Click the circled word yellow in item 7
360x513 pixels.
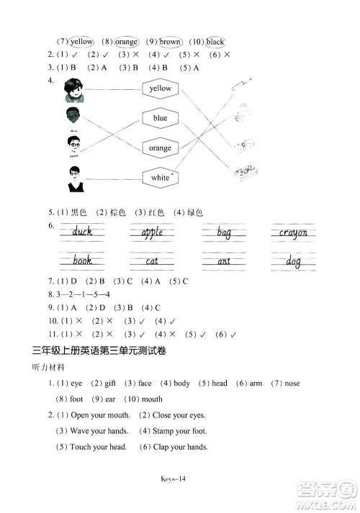(x=82, y=42)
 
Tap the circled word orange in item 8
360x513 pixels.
(x=125, y=42)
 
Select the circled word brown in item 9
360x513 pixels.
(x=170, y=42)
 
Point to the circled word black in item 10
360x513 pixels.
(x=215, y=42)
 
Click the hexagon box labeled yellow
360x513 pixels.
(x=160, y=88)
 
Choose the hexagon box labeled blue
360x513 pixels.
(x=160, y=118)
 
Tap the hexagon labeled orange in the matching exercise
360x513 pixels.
(x=160, y=147)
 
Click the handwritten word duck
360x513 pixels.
(x=82, y=232)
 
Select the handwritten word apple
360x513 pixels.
(x=152, y=232)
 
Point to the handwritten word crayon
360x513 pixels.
(x=293, y=232)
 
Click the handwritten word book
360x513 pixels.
(x=82, y=260)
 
